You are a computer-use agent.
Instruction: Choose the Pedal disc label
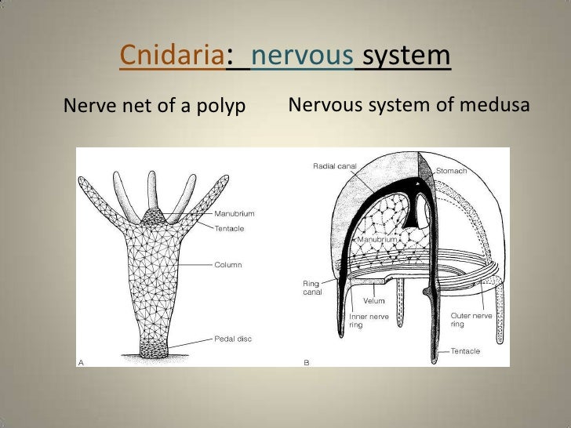click(x=234, y=339)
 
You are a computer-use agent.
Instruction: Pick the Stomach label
click(x=451, y=171)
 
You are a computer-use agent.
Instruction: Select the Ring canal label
click(x=312, y=288)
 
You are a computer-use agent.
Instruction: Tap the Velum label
click(x=373, y=301)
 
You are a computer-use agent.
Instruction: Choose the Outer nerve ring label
click(x=471, y=320)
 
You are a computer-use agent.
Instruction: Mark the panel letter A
click(x=81, y=362)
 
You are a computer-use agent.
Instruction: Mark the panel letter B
click(x=306, y=362)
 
